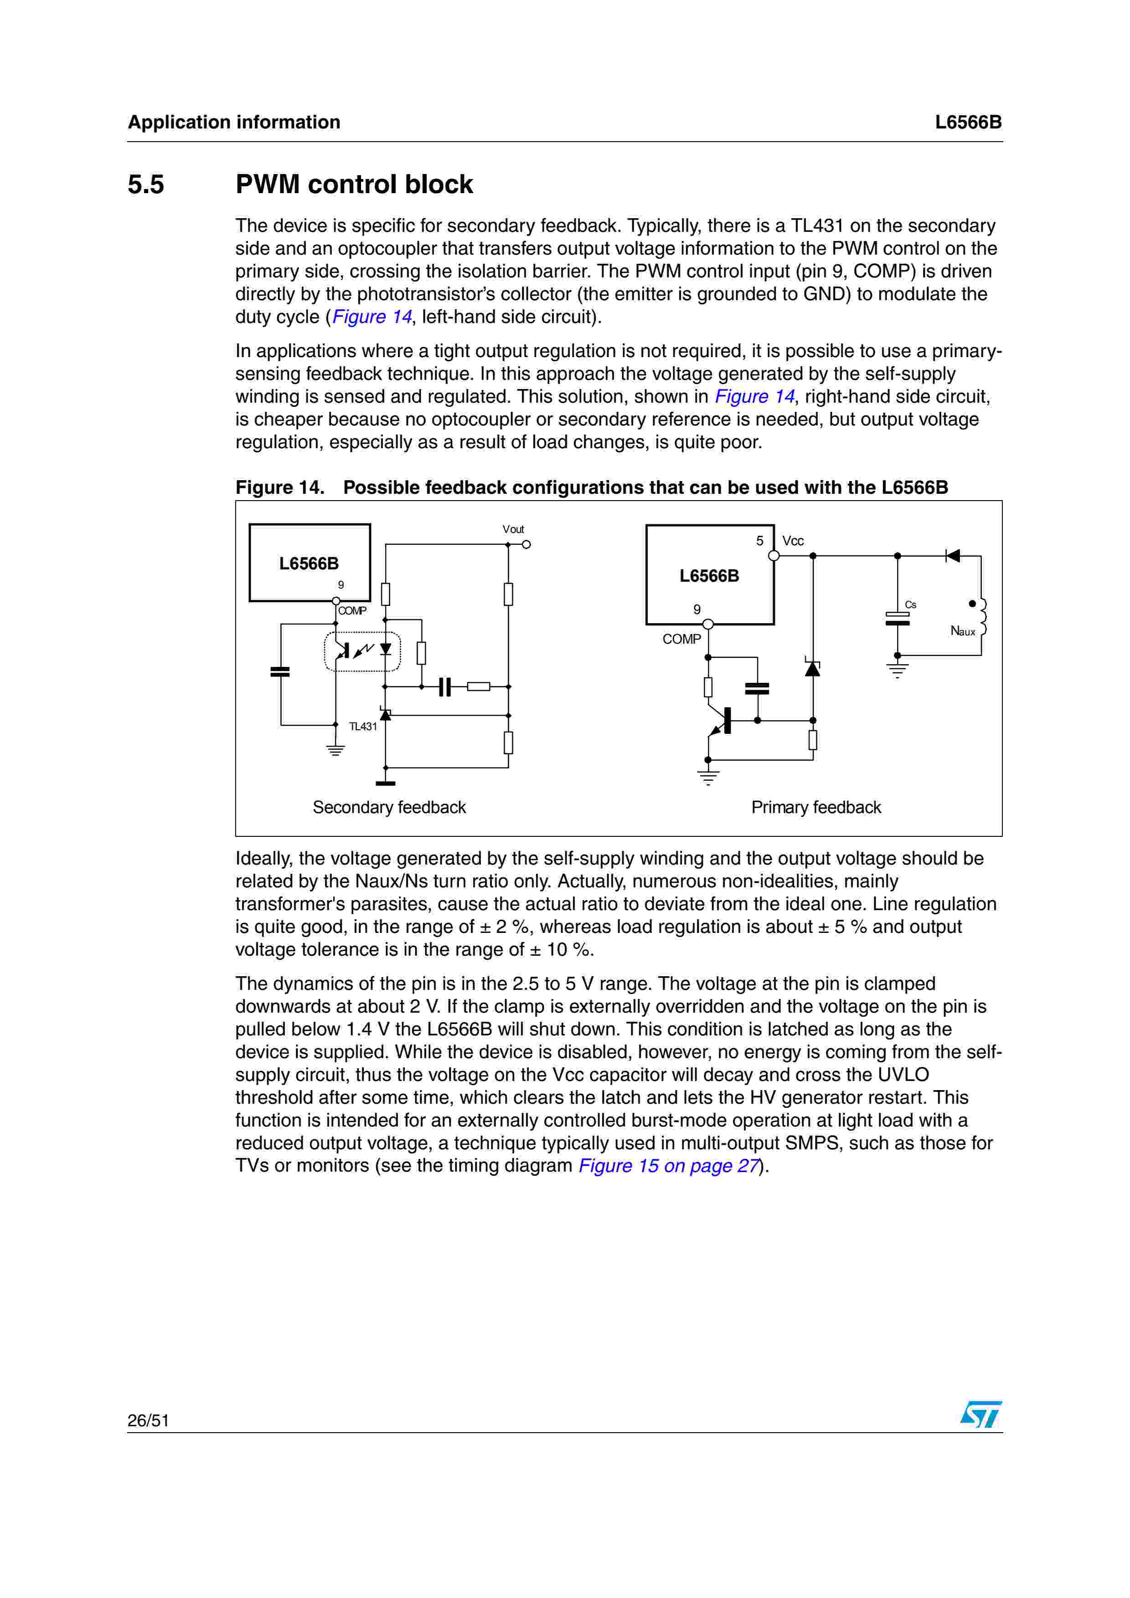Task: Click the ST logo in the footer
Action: (980, 1414)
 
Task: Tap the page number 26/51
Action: (148, 1420)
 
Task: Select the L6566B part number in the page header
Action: (968, 123)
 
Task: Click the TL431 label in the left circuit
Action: (363, 727)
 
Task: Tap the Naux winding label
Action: (963, 631)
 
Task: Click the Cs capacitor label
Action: (911, 605)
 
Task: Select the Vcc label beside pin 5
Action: (793, 541)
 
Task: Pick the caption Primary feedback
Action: (816, 807)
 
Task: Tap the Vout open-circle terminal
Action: (526, 544)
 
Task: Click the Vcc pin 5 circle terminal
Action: (774, 555)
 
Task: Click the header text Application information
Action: (234, 123)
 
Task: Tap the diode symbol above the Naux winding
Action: (953, 555)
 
